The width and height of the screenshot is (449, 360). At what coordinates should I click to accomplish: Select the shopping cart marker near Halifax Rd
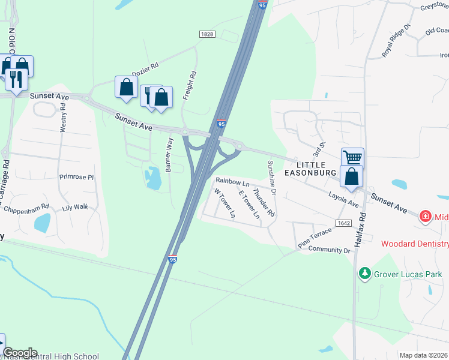[352, 158]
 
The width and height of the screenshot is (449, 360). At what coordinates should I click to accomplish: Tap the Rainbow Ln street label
[232, 181]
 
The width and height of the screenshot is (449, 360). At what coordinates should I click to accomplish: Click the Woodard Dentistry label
[415, 244]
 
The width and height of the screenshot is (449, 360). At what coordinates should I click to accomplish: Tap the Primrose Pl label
[77, 178]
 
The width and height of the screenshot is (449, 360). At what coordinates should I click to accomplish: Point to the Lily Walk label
[75, 207]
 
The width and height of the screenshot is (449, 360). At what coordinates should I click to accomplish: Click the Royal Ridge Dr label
[396, 41]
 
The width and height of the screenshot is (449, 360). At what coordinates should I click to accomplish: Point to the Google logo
[20, 353]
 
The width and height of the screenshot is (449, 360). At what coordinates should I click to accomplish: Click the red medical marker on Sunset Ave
[426, 215]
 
